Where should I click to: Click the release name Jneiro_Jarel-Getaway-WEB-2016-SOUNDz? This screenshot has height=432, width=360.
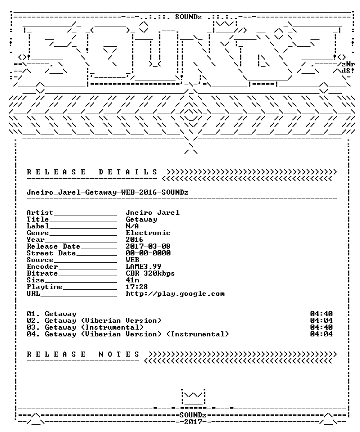click(107, 192)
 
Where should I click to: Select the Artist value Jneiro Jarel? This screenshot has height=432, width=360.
click(152, 213)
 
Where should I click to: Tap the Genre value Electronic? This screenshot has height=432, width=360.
click(148, 233)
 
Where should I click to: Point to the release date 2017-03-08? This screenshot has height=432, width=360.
click(148, 246)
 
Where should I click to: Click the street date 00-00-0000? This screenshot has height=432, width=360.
click(148, 253)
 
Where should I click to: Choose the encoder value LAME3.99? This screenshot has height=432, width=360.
click(143, 267)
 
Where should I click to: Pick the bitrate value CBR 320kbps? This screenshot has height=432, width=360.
click(150, 273)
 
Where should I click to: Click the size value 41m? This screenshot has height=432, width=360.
click(132, 280)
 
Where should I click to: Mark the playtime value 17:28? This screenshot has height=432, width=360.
click(137, 287)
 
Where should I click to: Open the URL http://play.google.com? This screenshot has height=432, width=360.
click(175, 294)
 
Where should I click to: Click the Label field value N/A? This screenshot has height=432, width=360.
click(132, 226)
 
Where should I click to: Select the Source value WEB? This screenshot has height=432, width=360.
click(132, 259)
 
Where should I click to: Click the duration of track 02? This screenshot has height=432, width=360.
click(321, 321)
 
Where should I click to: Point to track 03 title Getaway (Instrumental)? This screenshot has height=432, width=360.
click(94, 327)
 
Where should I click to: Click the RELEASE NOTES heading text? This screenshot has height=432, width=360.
click(83, 354)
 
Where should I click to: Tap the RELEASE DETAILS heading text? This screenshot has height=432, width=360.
click(92, 172)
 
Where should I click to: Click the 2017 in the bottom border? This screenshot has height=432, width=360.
click(193, 421)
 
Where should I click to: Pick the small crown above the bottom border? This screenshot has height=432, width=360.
click(193, 397)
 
